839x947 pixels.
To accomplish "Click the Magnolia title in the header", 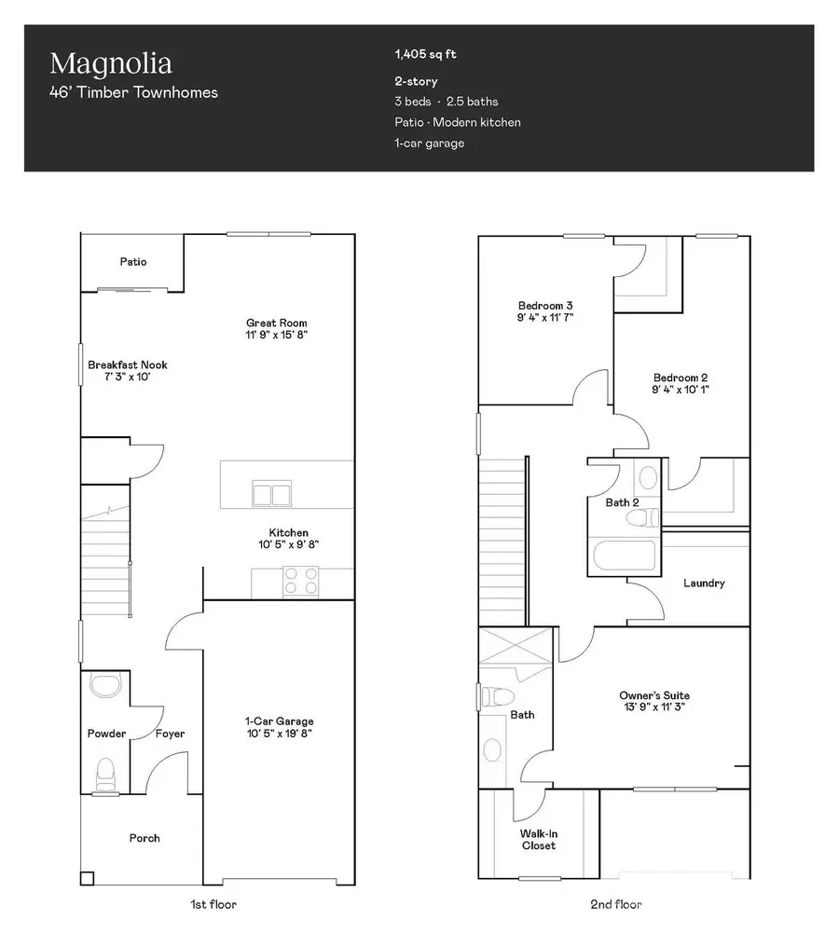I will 110,64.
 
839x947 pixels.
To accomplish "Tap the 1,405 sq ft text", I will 425,55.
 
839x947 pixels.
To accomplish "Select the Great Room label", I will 276,323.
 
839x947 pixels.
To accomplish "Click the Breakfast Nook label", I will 128,364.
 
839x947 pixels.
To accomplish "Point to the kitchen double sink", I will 271,494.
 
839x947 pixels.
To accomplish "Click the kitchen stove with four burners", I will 301,581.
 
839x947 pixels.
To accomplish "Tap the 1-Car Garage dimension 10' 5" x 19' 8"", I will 279,734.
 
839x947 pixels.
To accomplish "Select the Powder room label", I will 106,734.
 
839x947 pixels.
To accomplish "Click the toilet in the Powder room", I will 105,774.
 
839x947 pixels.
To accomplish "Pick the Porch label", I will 144,838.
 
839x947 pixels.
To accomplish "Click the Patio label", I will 132,262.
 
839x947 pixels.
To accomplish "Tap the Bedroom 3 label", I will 545,305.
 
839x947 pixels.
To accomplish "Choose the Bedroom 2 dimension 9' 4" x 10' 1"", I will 680,390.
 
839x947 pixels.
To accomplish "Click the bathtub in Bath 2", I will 626,556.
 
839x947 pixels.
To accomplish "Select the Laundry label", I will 704,583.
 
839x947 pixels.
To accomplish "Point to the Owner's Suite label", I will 654,695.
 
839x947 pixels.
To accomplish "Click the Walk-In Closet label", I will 538,839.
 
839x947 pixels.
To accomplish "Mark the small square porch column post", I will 87,877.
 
